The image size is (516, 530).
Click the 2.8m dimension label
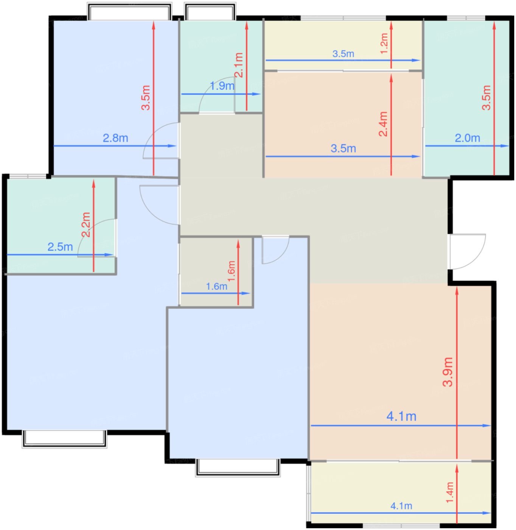coord(115,138)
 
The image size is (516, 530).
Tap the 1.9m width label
coord(222,86)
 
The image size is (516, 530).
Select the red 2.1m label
coord(239,65)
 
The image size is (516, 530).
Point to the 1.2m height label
coord(384,44)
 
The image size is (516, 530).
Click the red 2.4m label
coord(383,124)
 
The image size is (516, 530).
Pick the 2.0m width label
coord(467,138)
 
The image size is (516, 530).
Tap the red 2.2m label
coord(86,225)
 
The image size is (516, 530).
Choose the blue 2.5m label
coord(60,247)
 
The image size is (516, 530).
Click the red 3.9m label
coord(448,372)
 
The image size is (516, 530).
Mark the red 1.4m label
coord(449,493)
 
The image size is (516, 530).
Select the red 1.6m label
coord(231,271)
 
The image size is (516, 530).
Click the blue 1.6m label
coord(216,287)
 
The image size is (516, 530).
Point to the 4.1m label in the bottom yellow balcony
coord(401,506)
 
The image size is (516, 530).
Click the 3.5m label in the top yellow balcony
coord(343,54)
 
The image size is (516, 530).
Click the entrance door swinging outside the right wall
coord(467,251)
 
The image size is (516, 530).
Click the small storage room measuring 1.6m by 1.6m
coord(216,272)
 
